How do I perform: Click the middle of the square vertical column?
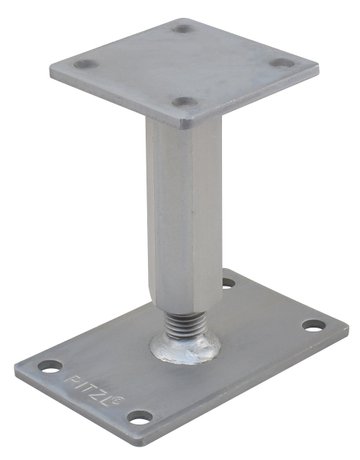point(182,200)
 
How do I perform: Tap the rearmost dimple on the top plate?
point(184,28)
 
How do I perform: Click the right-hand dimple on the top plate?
point(283,63)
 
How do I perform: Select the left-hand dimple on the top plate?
point(86,64)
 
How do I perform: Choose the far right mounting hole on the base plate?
point(314,325)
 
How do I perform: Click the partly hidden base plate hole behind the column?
point(229,283)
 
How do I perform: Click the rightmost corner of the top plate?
point(319,69)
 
